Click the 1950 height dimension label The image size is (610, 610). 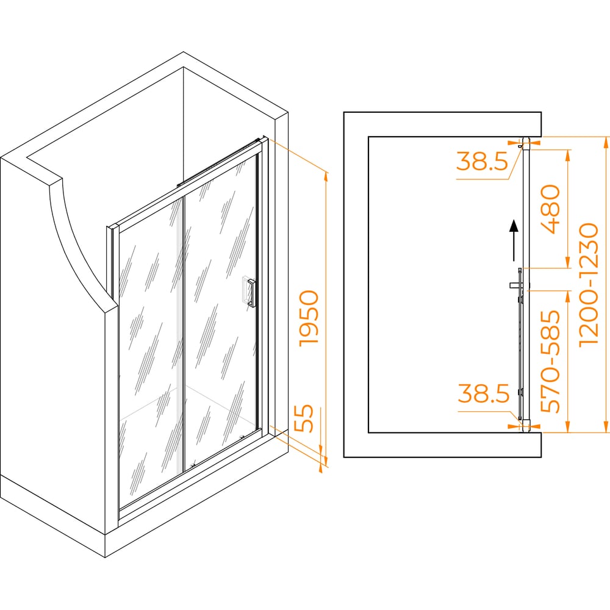pyautogui.click(x=309, y=318)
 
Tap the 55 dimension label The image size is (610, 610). pyautogui.click(x=304, y=418)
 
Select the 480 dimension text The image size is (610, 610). pyautogui.click(x=550, y=209)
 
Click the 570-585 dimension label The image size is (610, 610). pyautogui.click(x=551, y=361)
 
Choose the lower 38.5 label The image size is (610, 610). pyautogui.click(x=484, y=393)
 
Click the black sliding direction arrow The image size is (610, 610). pyautogui.click(x=514, y=240)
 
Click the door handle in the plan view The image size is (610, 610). pyautogui.click(x=517, y=284)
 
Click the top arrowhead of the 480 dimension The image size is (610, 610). pyautogui.click(x=567, y=155)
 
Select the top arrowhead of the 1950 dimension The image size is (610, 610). pyautogui.click(x=326, y=177)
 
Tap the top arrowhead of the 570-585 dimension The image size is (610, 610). pyautogui.click(x=567, y=296)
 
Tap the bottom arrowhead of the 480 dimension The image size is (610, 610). pyautogui.click(x=567, y=262)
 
